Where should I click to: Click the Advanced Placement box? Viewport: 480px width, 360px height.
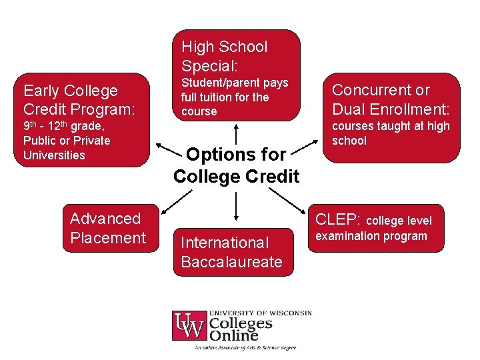111,228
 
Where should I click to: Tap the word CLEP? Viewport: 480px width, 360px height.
337,219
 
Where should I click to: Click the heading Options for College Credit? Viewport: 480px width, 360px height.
236,165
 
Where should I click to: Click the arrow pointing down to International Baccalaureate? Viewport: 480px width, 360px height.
236,207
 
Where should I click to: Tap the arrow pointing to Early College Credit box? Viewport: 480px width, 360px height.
167,145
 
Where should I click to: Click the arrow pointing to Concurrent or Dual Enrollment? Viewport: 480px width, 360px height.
306,144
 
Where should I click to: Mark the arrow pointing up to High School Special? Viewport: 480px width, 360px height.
236,132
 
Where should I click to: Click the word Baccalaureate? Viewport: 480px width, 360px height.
231,262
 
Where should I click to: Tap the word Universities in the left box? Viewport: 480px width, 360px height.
54,155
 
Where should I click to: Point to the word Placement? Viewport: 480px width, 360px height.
108,238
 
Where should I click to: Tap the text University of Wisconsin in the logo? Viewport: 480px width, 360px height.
260,313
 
